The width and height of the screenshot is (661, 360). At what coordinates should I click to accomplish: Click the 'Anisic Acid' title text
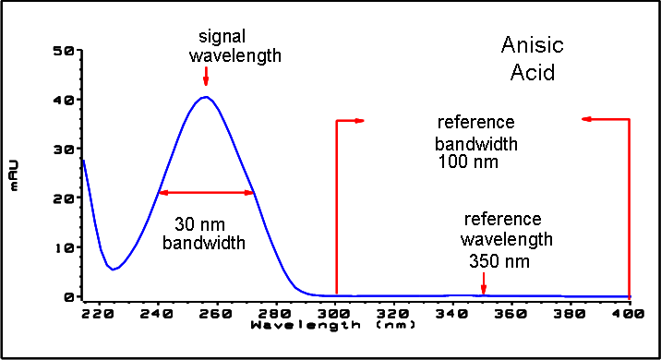(532, 57)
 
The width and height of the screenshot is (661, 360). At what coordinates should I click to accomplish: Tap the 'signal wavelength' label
(234, 46)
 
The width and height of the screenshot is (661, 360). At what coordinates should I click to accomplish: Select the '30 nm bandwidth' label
(204, 234)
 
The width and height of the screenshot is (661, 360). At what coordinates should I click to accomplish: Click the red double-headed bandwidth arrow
(206, 192)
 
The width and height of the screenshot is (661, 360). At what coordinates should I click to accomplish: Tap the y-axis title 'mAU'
(15, 174)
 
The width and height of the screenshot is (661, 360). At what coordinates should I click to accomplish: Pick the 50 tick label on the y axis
(63, 50)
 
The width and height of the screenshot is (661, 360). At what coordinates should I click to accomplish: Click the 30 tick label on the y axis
(63, 149)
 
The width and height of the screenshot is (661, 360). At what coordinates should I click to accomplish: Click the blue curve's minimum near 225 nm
(113, 270)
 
